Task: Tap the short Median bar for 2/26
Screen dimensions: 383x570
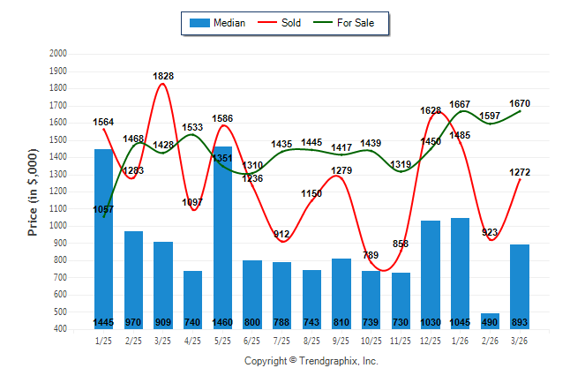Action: point(490,319)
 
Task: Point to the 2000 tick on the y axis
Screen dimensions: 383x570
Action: point(57,54)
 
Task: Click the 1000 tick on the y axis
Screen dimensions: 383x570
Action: point(57,226)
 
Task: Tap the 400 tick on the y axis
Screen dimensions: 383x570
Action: point(59,329)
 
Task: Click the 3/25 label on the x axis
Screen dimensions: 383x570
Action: point(163,341)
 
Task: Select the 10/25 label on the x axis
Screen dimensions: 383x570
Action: point(371,341)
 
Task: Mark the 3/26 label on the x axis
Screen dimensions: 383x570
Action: point(520,341)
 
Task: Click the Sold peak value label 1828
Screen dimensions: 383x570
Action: point(163,76)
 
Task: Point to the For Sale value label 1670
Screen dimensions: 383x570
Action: point(519,103)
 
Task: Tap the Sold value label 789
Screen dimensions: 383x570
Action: point(371,255)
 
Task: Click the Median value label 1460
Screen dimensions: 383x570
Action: point(222,323)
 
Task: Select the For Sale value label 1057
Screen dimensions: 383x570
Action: point(104,210)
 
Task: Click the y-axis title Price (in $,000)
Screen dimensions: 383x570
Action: point(33,191)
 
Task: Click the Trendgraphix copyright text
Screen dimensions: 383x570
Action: point(311,361)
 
